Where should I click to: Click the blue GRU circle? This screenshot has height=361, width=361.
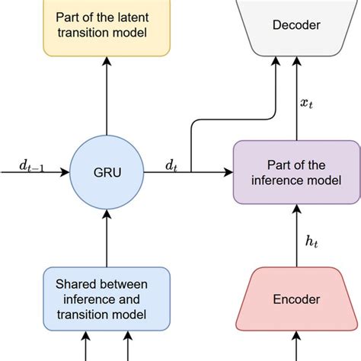pyautogui.click(x=106, y=172)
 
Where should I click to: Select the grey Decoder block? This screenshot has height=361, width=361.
pyautogui.click(x=292, y=26)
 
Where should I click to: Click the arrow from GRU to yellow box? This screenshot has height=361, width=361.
pyautogui.click(x=106, y=99)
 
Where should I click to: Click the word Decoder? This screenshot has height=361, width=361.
pyautogui.click(x=292, y=26)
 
